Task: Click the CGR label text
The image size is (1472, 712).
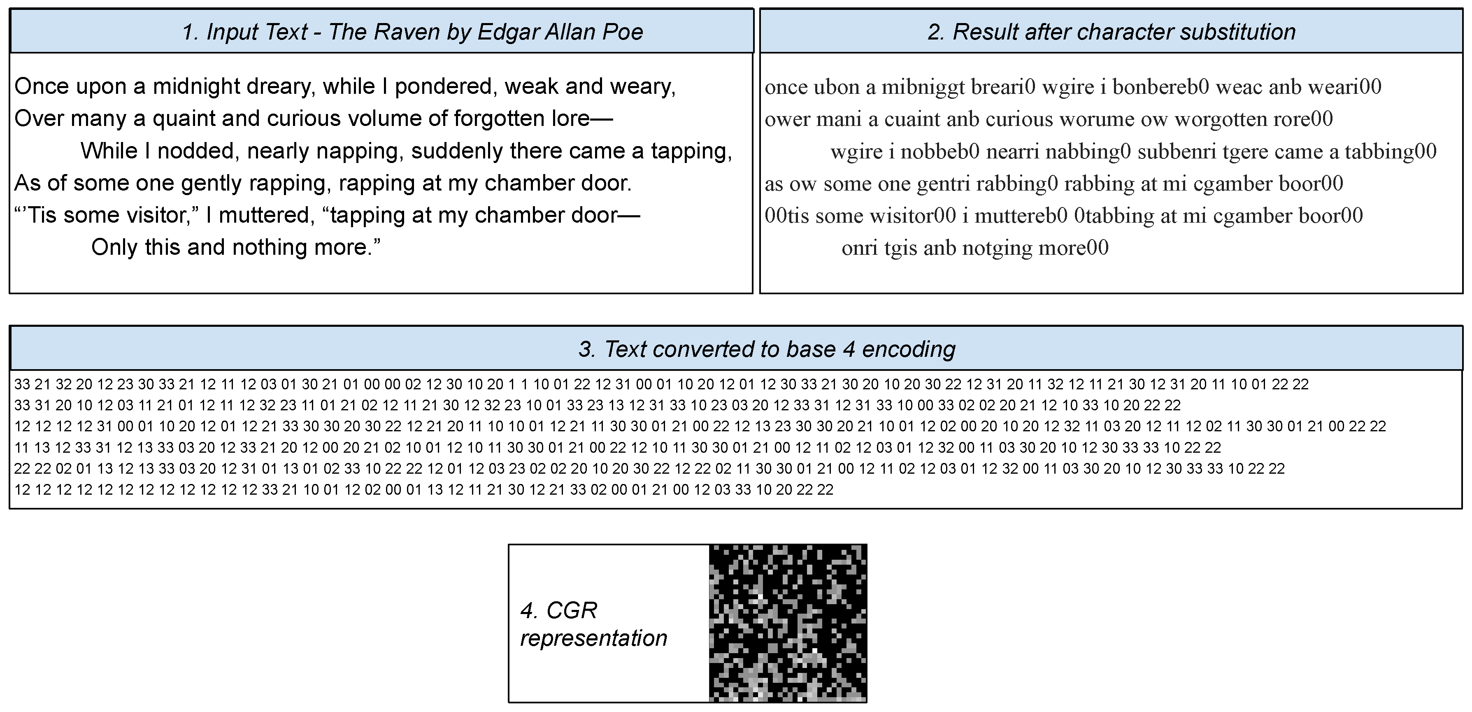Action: (593, 624)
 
